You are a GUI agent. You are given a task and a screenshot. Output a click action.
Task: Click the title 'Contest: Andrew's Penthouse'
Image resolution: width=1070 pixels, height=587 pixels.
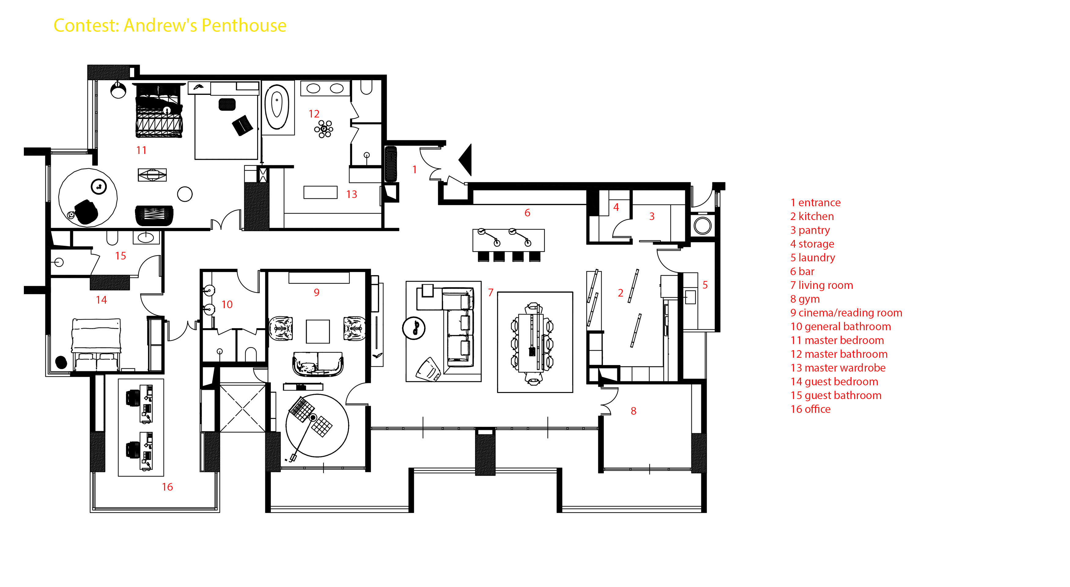pyautogui.click(x=170, y=25)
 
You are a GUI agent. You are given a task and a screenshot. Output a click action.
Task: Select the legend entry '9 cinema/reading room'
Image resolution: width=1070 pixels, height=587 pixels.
pyautogui.click(x=846, y=312)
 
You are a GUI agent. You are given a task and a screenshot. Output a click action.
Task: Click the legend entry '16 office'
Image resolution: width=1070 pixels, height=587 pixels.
pyautogui.click(x=810, y=409)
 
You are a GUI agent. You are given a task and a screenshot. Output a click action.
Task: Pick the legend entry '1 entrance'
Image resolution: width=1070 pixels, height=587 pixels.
pyautogui.click(x=815, y=203)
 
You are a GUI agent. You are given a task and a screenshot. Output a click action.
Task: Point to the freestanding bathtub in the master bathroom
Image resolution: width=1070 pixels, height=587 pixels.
pyautogui.click(x=277, y=107)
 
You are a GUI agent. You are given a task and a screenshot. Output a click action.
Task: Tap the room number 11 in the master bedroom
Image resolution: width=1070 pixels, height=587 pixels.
pyautogui.click(x=141, y=150)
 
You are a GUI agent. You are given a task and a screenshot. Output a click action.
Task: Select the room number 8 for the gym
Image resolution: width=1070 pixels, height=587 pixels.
pyautogui.click(x=633, y=411)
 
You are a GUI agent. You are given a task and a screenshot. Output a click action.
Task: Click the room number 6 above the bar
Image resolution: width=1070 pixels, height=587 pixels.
pyautogui.click(x=527, y=213)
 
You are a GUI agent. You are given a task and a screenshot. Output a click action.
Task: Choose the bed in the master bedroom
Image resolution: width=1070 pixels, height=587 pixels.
pyautogui.click(x=159, y=111)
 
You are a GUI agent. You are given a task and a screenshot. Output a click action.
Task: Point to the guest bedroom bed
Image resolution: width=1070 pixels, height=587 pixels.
pyautogui.click(x=97, y=343)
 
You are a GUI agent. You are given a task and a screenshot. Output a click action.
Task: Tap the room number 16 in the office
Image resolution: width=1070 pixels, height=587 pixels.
pyautogui.click(x=167, y=487)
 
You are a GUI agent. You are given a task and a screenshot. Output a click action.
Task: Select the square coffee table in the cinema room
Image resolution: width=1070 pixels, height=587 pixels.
pyautogui.click(x=318, y=331)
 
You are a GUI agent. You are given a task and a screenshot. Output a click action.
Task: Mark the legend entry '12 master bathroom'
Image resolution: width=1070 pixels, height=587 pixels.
pyautogui.click(x=839, y=354)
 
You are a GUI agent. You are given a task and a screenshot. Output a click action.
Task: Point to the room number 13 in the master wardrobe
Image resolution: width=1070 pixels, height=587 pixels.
pyautogui.click(x=351, y=194)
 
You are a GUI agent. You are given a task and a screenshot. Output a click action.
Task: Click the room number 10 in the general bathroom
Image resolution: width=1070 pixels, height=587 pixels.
pyautogui.click(x=227, y=304)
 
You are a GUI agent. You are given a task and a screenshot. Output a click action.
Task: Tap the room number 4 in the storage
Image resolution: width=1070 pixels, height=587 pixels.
pyautogui.click(x=616, y=207)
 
